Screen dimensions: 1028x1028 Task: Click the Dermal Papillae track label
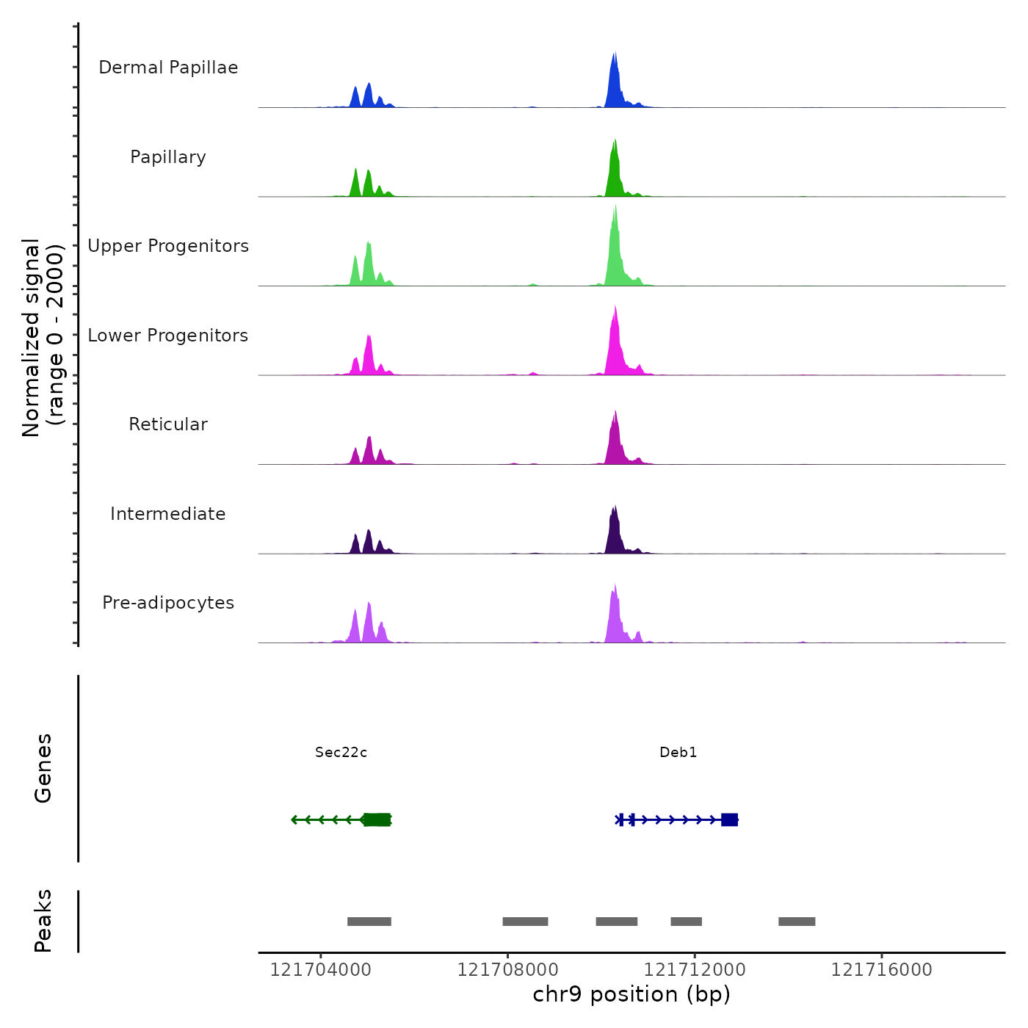tap(168, 68)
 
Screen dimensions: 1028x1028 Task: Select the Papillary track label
tap(168, 157)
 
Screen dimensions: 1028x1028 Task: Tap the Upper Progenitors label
tap(168, 246)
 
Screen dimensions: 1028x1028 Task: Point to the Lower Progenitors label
tap(168, 336)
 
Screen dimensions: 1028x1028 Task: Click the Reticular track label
tap(168, 424)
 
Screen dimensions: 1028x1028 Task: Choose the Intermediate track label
tap(168, 514)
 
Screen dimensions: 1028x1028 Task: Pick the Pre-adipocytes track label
tap(168, 603)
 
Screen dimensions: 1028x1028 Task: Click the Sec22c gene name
tap(341, 752)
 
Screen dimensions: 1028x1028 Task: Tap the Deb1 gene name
tap(678, 752)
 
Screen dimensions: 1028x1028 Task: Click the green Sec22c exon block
tap(377, 819)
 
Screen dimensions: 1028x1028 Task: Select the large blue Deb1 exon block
tap(729, 819)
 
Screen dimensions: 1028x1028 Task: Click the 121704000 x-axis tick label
tap(320, 970)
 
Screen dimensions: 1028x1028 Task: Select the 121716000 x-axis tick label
tap(881, 970)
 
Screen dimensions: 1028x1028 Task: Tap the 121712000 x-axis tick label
tap(695, 970)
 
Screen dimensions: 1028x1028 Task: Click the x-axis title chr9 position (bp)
tap(631, 994)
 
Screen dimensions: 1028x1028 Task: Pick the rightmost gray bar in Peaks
tap(797, 922)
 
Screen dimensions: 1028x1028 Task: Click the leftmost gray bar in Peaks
tap(369, 922)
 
